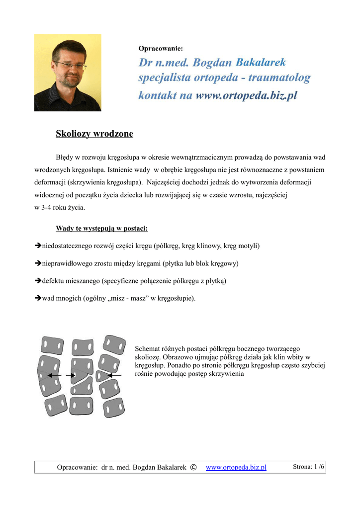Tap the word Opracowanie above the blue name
click(161, 48)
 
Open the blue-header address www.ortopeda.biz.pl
click(247, 95)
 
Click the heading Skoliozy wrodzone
click(94, 134)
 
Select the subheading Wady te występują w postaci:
click(102, 229)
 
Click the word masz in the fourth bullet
click(148, 298)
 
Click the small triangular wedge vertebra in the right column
click(102, 375)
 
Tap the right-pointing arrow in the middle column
click(70, 375)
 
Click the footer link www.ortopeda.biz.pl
click(236, 467)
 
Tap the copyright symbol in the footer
click(193, 467)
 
